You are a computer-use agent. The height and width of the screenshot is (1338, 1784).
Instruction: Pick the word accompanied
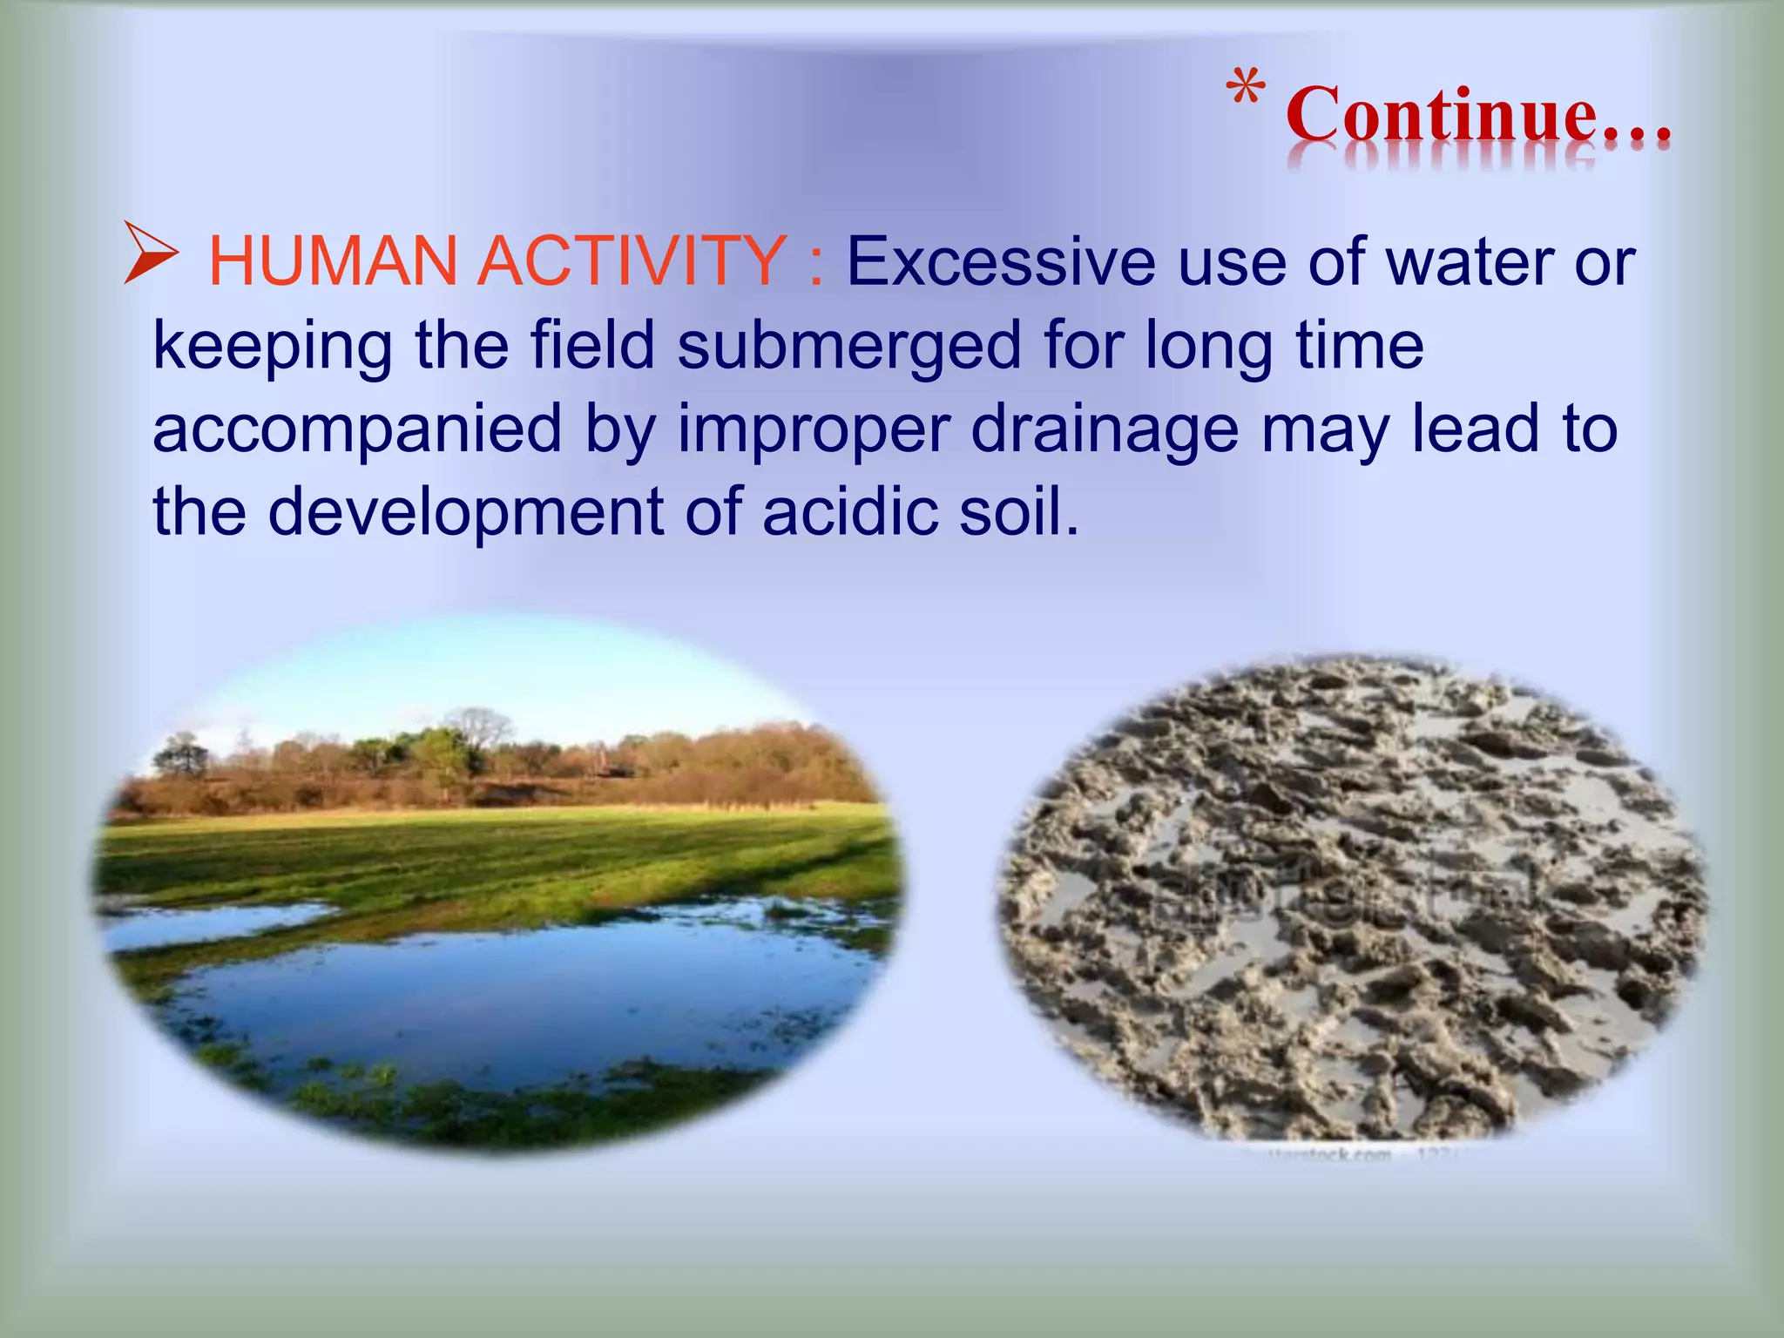357,429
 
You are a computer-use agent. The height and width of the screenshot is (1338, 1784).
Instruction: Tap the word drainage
1104,429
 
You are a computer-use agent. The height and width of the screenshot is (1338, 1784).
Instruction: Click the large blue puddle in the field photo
523,993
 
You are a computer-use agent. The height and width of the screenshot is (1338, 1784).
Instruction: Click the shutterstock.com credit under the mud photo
1315,1155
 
